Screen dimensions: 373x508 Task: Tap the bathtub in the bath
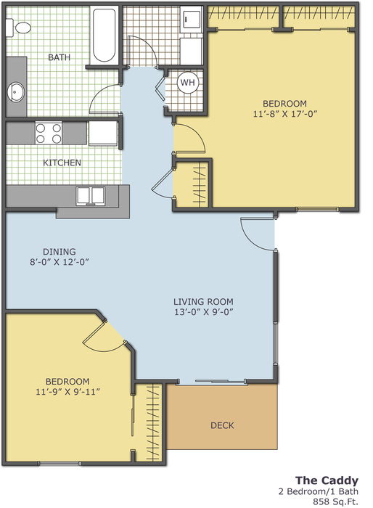(104, 35)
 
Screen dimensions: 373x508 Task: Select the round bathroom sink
(15, 92)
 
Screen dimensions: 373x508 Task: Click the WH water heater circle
(188, 82)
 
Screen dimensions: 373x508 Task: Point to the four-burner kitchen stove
(49, 133)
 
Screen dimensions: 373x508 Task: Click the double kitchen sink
(91, 196)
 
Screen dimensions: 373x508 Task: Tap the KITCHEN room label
(62, 163)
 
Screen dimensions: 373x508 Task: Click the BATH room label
(59, 57)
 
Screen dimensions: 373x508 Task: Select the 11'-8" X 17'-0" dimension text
(285, 114)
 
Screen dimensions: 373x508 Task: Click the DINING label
(60, 252)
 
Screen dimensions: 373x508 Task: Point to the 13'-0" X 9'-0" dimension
(204, 312)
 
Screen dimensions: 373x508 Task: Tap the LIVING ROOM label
(203, 302)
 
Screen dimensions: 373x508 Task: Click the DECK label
(222, 425)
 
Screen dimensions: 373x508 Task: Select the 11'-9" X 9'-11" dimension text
(67, 392)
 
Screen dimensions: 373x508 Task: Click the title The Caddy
(327, 480)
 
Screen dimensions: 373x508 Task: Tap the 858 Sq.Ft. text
(335, 502)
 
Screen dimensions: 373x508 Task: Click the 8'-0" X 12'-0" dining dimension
(60, 262)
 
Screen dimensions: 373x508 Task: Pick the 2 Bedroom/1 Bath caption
(319, 491)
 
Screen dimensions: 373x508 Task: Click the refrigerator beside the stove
(103, 133)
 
